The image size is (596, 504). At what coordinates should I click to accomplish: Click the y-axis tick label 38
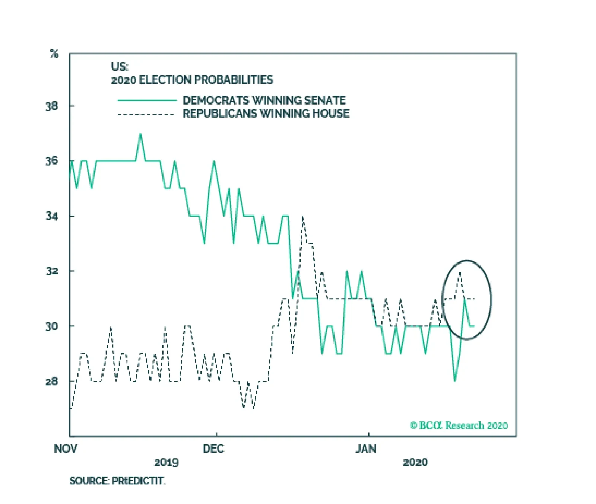(x=51, y=106)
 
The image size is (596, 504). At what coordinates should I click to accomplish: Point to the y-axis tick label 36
(x=51, y=161)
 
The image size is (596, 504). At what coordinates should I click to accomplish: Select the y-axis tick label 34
(x=51, y=216)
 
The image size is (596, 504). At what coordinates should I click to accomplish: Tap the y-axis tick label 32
(x=51, y=271)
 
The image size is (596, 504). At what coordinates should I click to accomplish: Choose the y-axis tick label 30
(x=51, y=326)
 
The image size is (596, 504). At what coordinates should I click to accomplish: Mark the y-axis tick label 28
(x=51, y=382)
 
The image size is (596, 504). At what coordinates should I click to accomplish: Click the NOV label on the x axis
(x=66, y=449)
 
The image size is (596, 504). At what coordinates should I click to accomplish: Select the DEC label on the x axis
(x=213, y=449)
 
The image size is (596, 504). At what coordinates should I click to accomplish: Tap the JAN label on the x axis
(x=366, y=449)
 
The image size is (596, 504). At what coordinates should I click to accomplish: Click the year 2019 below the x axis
(x=166, y=462)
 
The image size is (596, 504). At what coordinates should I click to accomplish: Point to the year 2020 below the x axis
(x=415, y=462)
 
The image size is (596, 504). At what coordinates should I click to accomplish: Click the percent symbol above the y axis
(x=54, y=54)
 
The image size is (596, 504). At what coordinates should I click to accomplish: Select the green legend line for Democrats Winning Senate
(x=146, y=101)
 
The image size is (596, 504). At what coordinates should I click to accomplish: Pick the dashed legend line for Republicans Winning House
(x=146, y=114)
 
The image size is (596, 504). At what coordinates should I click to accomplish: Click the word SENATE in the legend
(x=325, y=101)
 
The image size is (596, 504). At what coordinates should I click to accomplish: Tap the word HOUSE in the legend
(x=330, y=114)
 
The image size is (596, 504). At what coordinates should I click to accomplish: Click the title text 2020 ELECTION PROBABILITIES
(x=192, y=80)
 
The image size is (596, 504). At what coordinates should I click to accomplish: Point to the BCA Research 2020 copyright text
(x=459, y=425)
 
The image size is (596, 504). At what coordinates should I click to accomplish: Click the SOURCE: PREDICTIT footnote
(x=117, y=481)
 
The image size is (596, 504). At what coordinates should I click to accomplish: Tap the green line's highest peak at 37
(x=140, y=134)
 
